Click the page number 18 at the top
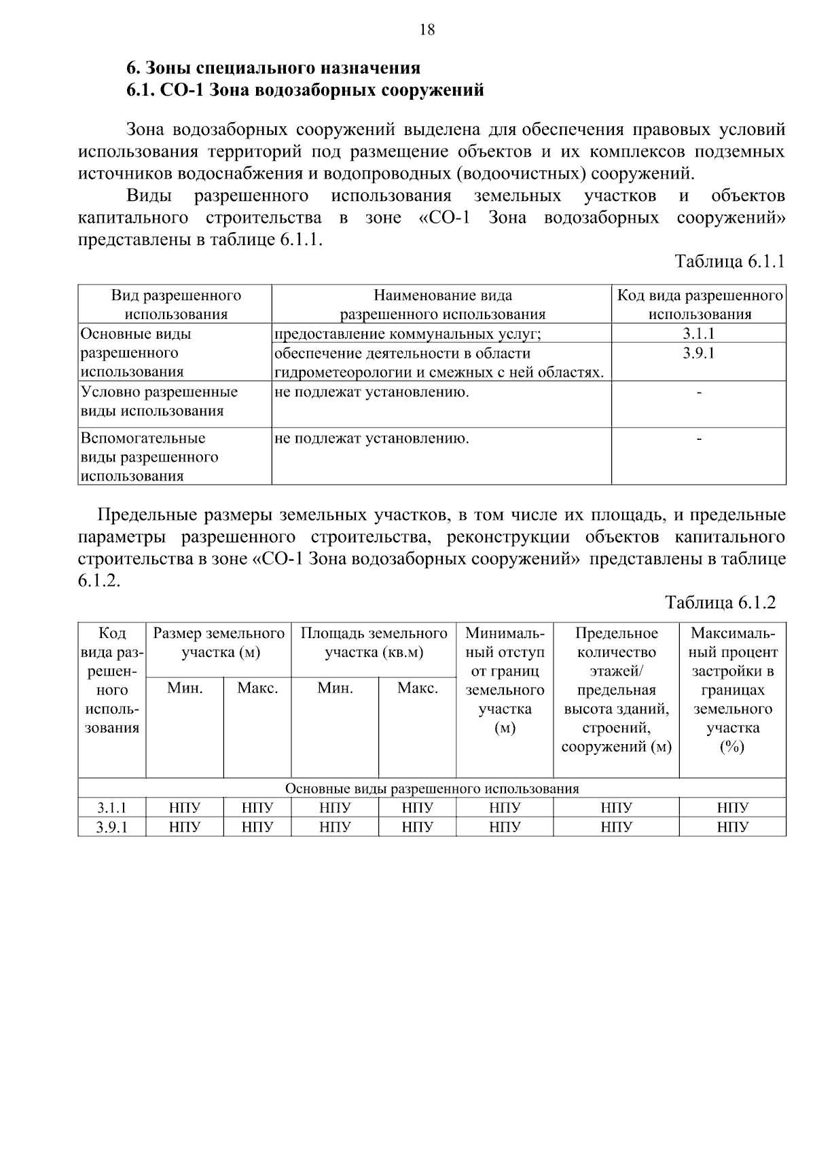[x=427, y=30]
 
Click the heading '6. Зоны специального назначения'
[x=274, y=68]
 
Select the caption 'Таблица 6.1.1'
[x=729, y=262]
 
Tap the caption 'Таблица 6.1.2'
[x=720, y=603]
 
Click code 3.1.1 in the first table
[x=699, y=333]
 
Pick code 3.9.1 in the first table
[x=699, y=353]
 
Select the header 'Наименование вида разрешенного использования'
[x=442, y=305]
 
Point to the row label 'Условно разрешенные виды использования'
[x=160, y=401]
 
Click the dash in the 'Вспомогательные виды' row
[x=699, y=439]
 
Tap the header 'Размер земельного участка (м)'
[x=219, y=643]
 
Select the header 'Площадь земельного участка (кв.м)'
[x=374, y=643]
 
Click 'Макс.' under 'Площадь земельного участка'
[x=417, y=688]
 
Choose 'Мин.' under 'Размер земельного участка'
[x=185, y=688]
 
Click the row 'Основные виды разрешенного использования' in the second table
[x=432, y=788]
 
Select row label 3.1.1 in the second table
[x=111, y=808]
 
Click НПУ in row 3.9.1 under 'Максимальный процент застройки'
[x=732, y=827]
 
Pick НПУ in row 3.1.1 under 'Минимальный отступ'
[x=504, y=808]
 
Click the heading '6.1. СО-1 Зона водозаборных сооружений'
[x=306, y=90]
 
